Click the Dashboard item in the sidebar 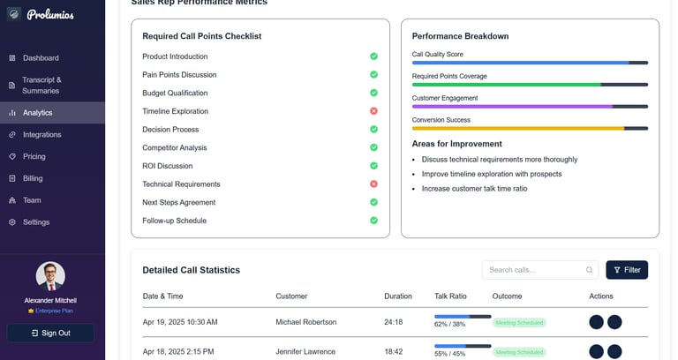click(41, 58)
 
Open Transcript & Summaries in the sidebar click(41, 85)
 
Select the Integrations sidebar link click(41, 135)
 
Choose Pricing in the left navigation click(34, 157)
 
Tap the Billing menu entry click(33, 178)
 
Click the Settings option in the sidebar click(36, 222)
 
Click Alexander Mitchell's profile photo click(50, 276)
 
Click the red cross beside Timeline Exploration click(373, 111)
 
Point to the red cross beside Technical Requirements click(373, 184)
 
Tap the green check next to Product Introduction click(373, 56)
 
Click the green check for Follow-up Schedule click(373, 221)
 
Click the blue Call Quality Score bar click(520, 63)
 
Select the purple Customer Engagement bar click(512, 107)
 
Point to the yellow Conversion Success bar click(517, 129)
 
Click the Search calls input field click(534, 270)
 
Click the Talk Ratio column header click(451, 296)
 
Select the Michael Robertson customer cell click(305, 322)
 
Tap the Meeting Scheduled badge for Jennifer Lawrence click(519, 352)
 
